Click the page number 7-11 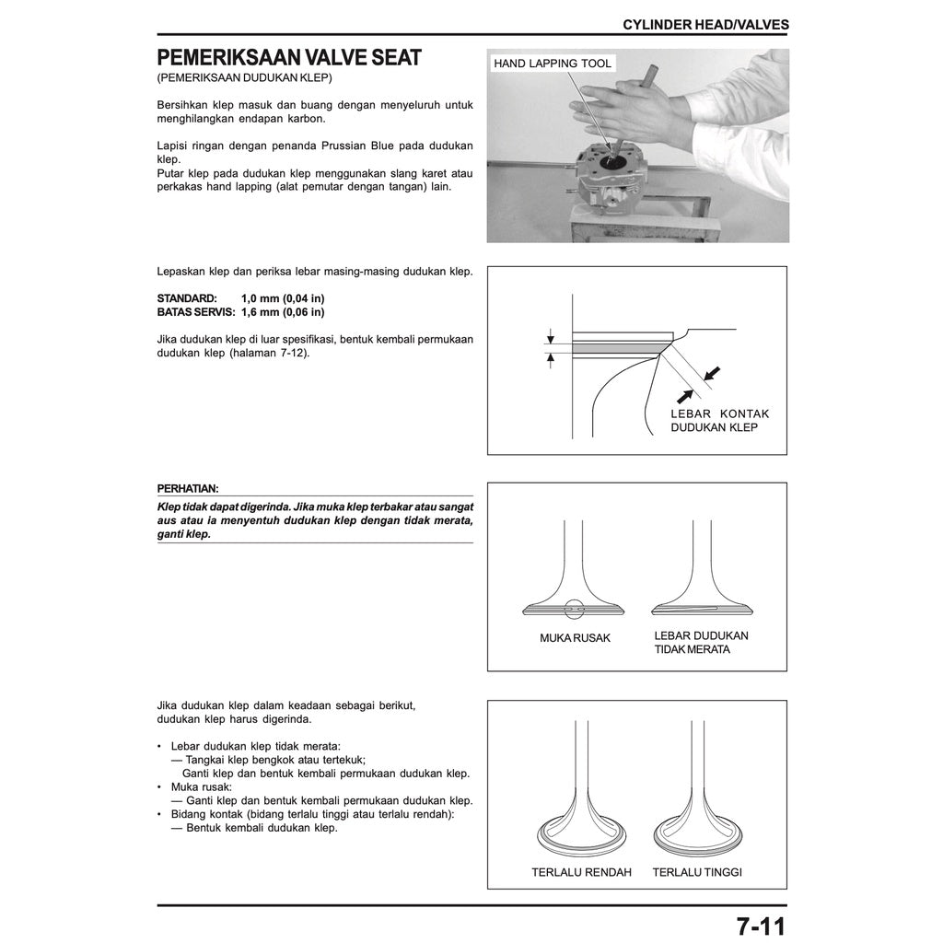[761, 925]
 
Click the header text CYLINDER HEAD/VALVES [705, 25]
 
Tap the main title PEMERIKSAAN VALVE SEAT [289, 58]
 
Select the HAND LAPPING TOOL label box [552, 64]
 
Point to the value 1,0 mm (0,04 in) [283, 299]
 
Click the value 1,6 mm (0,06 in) [283, 312]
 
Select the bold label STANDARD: [187, 299]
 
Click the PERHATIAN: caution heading [188, 489]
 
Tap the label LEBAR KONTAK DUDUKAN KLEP [719, 421]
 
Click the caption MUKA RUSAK [575, 638]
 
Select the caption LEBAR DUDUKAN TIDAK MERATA [700, 643]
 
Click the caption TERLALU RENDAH [581, 872]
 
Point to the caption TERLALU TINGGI [697, 872]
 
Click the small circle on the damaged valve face [576, 609]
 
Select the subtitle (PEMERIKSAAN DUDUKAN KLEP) [244, 78]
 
